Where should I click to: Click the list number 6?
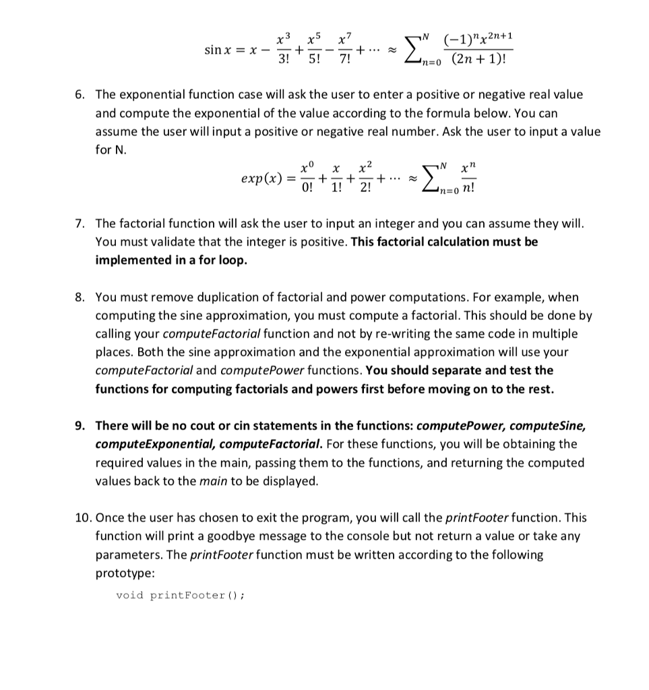point(79,95)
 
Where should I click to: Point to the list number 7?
point(79,223)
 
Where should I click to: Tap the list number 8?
point(79,297)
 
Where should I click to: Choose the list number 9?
point(79,426)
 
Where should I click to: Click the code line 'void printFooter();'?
point(180,595)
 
